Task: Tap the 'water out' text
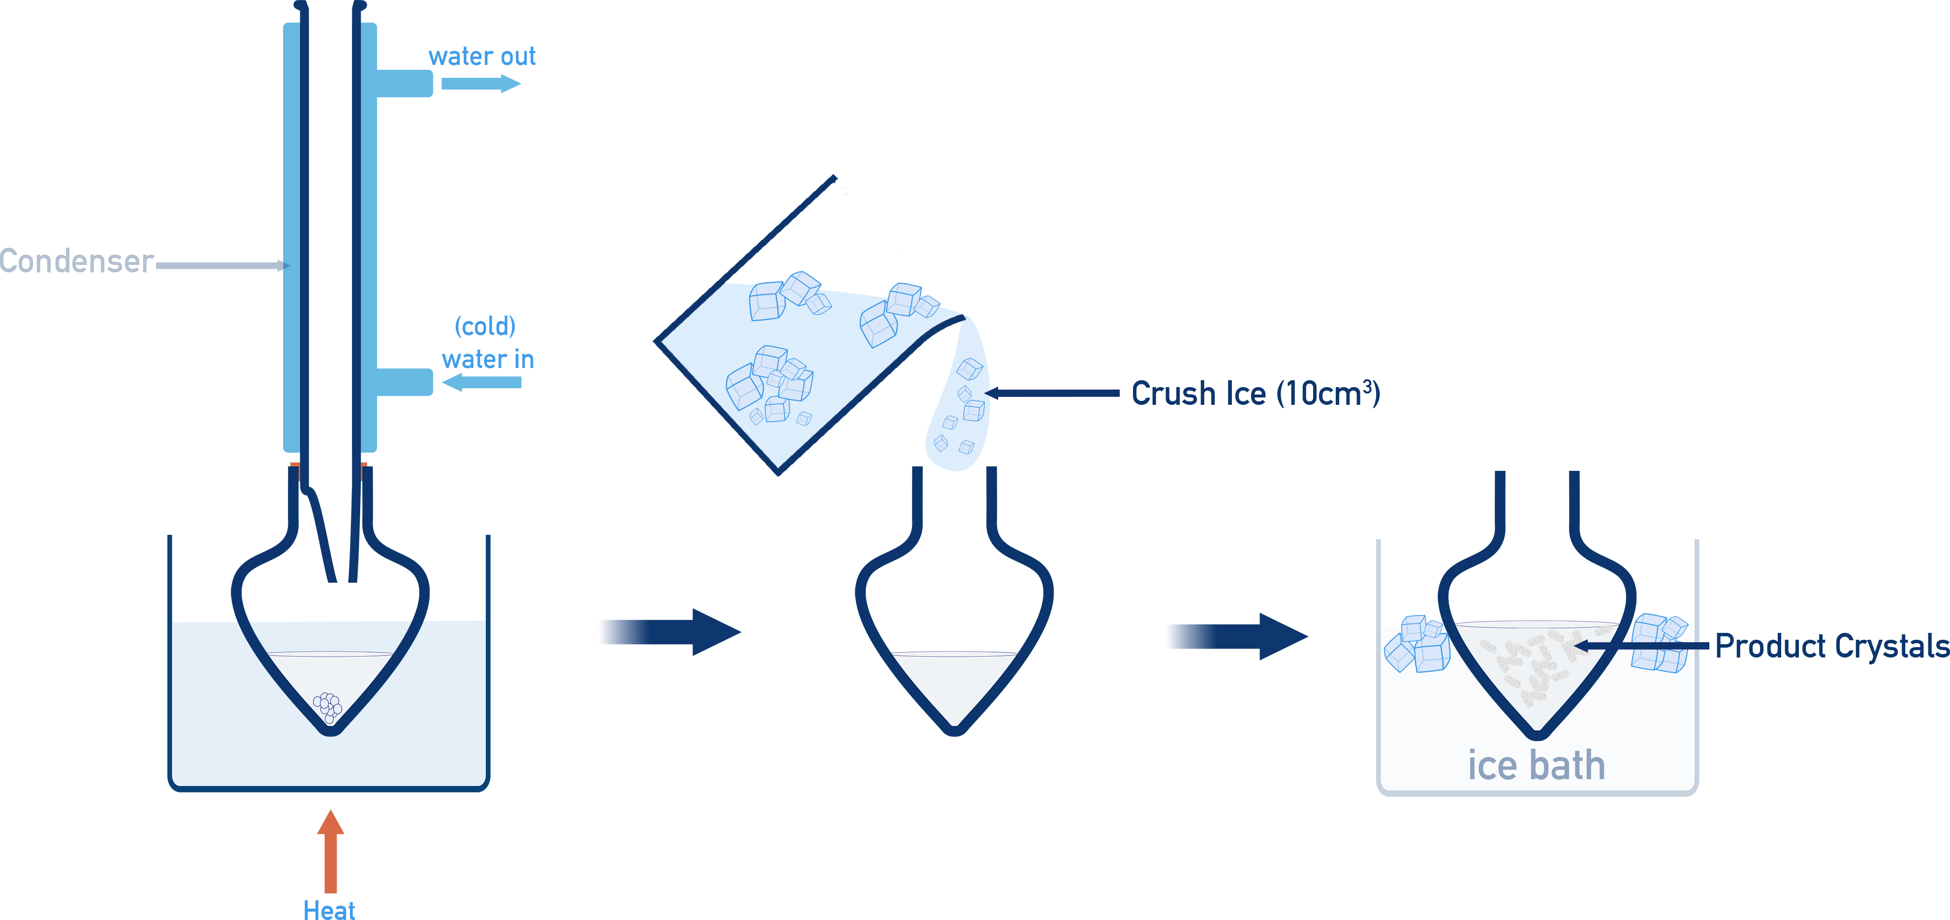(482, 57)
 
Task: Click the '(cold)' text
(485, 327)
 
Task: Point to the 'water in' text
(488, 360)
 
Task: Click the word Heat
(329, 909)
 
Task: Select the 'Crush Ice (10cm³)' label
(1255, 394)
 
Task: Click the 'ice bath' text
(1536, 765)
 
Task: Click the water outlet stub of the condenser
(405, 83)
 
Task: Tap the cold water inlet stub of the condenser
(405, 382)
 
